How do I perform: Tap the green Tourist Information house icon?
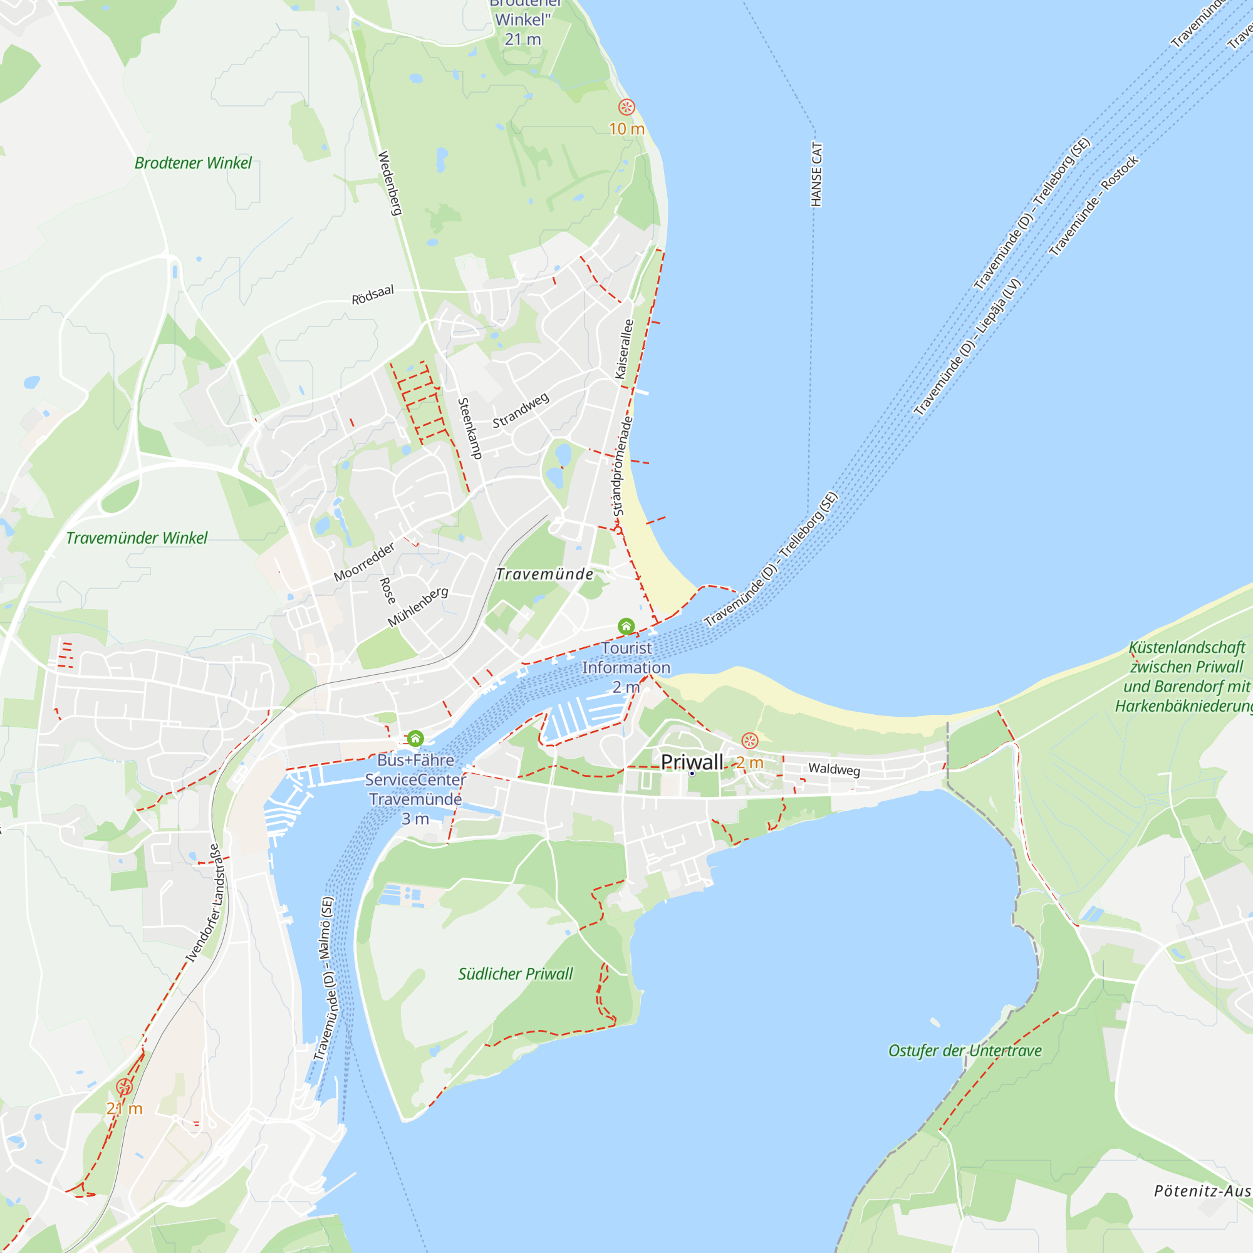(x=626, y=626)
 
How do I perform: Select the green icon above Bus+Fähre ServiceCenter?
(x=415, y=738)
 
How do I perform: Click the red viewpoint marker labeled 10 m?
(x=626, y=107)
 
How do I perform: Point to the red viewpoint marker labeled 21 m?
(x=124, y=1087)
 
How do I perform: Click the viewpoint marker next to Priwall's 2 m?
(x=750, y=741)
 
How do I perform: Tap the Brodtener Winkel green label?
(x=192, y=163)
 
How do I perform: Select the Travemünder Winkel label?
(x=136, y=538)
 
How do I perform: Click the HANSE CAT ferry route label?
(x=816, y=174)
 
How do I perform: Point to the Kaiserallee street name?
(x=624, y=349)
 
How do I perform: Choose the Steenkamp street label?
(x=469, y=429)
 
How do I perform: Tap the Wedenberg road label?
(x=390, y=183)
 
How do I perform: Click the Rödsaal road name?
(x=372, y=294)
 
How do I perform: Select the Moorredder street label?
(x=364, y=561)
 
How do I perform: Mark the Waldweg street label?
(x=833, y=769)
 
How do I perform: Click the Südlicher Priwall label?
(x=516, y=974)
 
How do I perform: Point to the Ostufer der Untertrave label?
(x=964, y=1051)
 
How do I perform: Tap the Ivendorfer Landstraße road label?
(x=206, y=903)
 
